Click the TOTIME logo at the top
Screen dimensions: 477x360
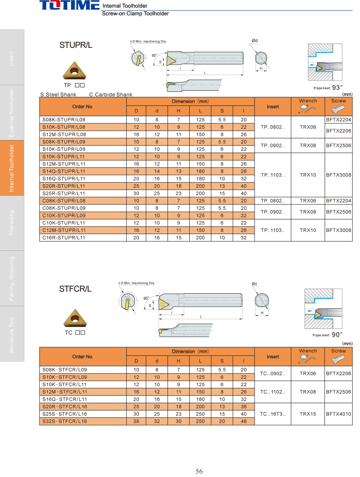pos(70,5)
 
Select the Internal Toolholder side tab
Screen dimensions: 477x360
pos(12,168)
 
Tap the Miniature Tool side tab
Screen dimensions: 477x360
pos(12,334)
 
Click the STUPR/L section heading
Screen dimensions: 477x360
pos(76,45)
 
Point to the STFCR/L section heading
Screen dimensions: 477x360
pos(75,289)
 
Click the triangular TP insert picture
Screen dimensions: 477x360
pos(75,70)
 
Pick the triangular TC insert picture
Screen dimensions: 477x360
pos(75,318)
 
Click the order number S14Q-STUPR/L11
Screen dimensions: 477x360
pos(64,172)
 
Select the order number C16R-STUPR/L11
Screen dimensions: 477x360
pos(64,238)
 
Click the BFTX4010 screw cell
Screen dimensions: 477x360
pos(338,414)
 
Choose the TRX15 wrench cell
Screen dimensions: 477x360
pos(308,414)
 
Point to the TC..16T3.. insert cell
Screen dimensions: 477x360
pos(273,414)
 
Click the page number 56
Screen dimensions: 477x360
pos(199,472)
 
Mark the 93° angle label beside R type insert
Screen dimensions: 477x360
pos(337,88)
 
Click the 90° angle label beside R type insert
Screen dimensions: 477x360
pos(337,335)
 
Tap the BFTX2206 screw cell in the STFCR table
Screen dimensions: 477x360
pos(338,373)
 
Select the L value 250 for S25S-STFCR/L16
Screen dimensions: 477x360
pos(200,414)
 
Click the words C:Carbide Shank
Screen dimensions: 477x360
pos(111,94)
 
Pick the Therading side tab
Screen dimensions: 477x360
pos(12,223)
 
